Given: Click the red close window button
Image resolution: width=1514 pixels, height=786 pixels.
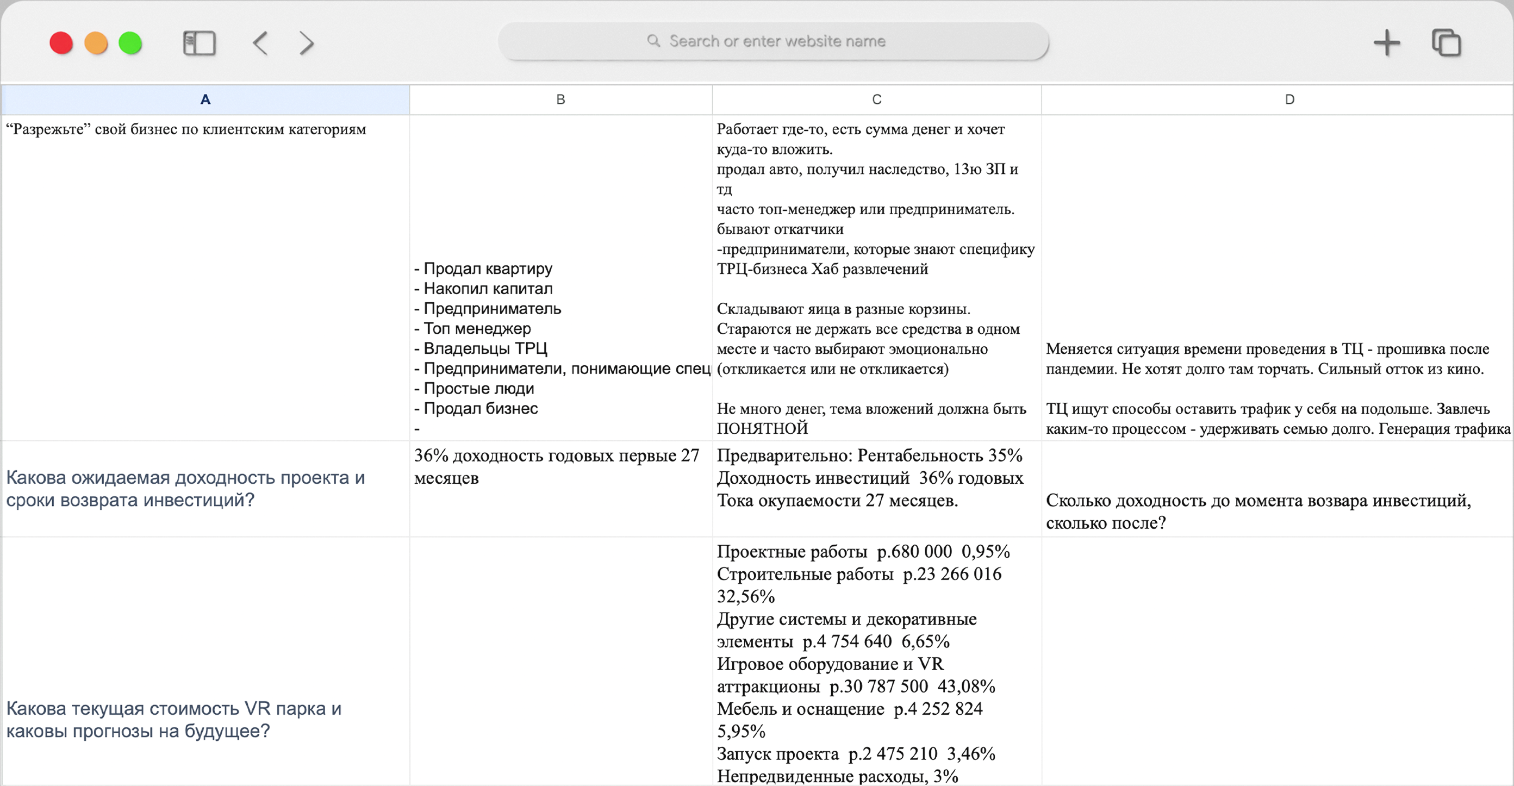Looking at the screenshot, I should click(x=61, y=43).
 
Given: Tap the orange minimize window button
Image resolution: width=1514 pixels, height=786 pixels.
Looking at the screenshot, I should click(x=96, y=43).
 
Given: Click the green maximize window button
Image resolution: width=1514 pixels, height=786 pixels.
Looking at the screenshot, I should click(x=130, y=43).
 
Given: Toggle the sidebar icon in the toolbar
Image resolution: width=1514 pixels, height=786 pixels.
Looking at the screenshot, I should click(x=200, y=43).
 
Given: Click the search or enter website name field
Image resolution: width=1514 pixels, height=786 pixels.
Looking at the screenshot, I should click(x=774, y=41).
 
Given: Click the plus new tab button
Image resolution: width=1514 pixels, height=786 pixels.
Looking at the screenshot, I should click(x=1386, y=43).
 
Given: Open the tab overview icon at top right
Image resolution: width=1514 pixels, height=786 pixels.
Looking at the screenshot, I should click(x=1446, y=43).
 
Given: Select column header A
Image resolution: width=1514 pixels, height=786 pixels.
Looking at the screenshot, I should click(x=205, y=99).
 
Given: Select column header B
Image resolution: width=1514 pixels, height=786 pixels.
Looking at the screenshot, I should click(x=560, y=99).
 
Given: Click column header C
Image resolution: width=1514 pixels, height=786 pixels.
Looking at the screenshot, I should click(x=876, y=99).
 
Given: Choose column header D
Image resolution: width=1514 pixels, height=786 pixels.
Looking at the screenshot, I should click(x=1289, y=99).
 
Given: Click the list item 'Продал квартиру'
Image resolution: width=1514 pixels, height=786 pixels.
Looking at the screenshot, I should click(x=488, y=269).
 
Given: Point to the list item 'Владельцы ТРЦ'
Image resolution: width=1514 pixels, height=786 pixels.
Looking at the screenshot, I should click(x=485, y=348).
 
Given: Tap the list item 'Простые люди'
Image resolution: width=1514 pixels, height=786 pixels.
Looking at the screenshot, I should click(x=478, y=389).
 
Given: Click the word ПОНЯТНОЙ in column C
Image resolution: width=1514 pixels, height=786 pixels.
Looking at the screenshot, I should click(x=762, y=428).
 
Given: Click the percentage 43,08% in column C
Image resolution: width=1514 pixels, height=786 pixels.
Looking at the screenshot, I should click(x=966, y=686).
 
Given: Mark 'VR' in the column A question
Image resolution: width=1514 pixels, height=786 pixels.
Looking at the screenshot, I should click(x=257, y=708).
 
